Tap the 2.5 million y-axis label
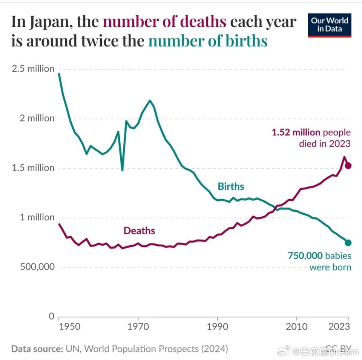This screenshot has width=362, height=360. [x=33, y=69]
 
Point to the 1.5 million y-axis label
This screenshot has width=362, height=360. [x=33, y=168]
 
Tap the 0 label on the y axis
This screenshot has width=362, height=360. [x=52, y=316]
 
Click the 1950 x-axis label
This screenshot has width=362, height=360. [x=70, y=326]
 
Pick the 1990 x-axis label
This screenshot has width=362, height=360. [x=218, y=326]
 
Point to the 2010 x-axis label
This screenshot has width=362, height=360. [x=297, y=326]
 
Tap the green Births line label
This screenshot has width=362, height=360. [x=231, y=186]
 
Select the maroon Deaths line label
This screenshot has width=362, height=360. [x=139, y=231]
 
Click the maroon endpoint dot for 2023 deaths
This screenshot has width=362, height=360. [x=348, y=166]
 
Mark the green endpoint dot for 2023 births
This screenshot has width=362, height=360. [x=348, y=243]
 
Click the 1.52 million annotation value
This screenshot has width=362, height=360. [x=296, y=133]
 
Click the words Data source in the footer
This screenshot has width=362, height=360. [x=37, y=349]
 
